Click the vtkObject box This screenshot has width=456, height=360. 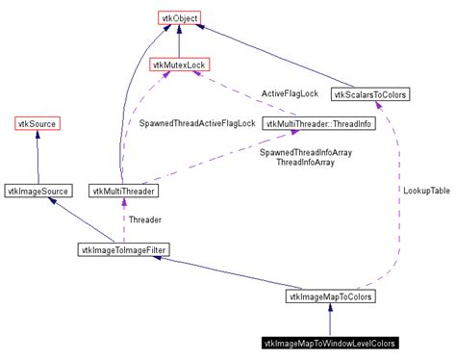(179, 17)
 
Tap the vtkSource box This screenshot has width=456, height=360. (38, 123)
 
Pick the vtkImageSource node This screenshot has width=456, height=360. (38, 192)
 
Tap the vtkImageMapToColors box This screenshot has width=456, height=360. (330, 297)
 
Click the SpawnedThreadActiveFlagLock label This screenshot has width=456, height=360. (196, 124)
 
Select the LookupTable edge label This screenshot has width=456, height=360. (425, 191)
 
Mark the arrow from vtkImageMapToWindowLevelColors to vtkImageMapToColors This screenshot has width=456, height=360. (330, 321)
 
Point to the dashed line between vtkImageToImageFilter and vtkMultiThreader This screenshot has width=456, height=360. (123, 221)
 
